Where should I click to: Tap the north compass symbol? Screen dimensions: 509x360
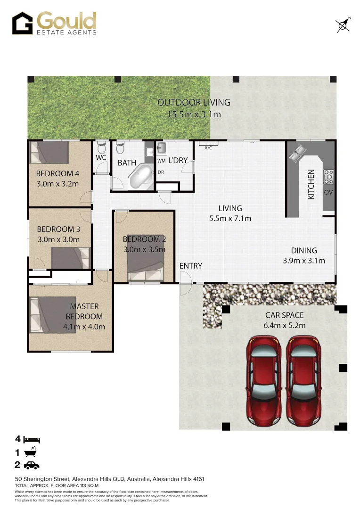pyautogui.click(x=343, y=25)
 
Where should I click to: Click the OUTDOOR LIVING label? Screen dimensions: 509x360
pyautogui.click(x=194, y=102)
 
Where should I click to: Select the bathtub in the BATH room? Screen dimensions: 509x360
pyautogui.click(x=139, y=176)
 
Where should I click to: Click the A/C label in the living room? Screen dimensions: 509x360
pyautogui.click(x=208, y=148)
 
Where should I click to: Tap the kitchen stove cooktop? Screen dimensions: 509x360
pyautogui.click(x=328, y=177)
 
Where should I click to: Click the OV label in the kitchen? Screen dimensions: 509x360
pyautogui.click(x=328, y=193)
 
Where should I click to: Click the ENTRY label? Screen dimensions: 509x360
pyautogui.click(x=191, y=266)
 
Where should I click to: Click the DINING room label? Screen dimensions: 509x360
pyautogui.click(x=303, y=251)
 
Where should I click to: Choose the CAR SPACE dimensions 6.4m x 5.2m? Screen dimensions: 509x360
pyautogui.click(x=285, y=325)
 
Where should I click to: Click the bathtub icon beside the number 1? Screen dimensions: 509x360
pyautogui.click(x=30, y=452)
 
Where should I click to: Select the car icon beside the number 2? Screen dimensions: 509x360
pyautogui.click(x=32, y=466)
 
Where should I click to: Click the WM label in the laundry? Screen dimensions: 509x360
pyautogui.click(x=161, y=161)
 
